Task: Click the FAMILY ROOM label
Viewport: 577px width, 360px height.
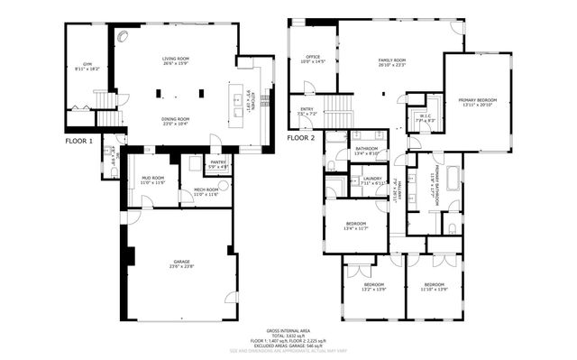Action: (392, 61)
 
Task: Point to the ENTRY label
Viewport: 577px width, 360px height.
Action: (307, 112)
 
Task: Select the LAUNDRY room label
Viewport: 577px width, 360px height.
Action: (373, 180)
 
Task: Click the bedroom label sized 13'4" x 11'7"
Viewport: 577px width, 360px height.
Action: (356, 226)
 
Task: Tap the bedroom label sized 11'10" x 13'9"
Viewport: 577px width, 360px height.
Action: (434, 287)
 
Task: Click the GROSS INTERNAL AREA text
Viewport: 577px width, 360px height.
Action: (288, 330)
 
